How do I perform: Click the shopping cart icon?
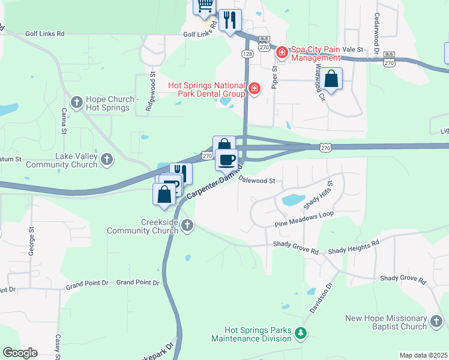[x=205, y=5]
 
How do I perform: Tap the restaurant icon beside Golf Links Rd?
[x=230, y=20]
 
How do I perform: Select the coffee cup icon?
[x=226, y=160]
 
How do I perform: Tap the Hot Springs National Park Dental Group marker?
[x=255, y=89]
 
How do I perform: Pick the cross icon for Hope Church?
[x=77, y=103]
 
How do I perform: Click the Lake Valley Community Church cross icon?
[x=106, y=160]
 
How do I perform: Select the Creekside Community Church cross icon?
[x=187, y=226]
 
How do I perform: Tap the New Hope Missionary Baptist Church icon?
[x=436, y=322]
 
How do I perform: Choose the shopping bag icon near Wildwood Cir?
[x=331, y=79]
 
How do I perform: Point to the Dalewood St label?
[x=256, y=179]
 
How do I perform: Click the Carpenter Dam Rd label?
[x=214, y=182]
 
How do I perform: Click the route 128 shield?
[x=247, y=54]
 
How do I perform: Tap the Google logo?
[x=20, y=353]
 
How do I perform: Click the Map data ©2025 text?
[x=423, y=355]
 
